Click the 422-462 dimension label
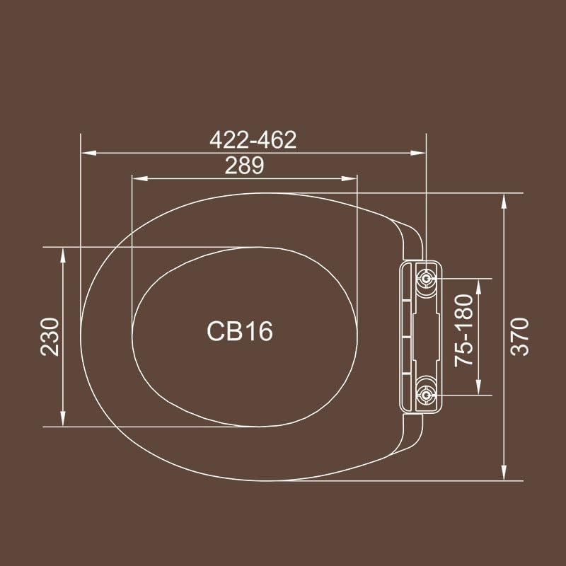[x=253, y=140]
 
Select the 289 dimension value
[x=244, y=166]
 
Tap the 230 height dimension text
[x=50, y=336]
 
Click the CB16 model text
[x=240, y=331]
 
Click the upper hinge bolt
[x=427, y=279]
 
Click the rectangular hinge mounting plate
[x=419, y=336]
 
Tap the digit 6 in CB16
[x=264, y=331]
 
